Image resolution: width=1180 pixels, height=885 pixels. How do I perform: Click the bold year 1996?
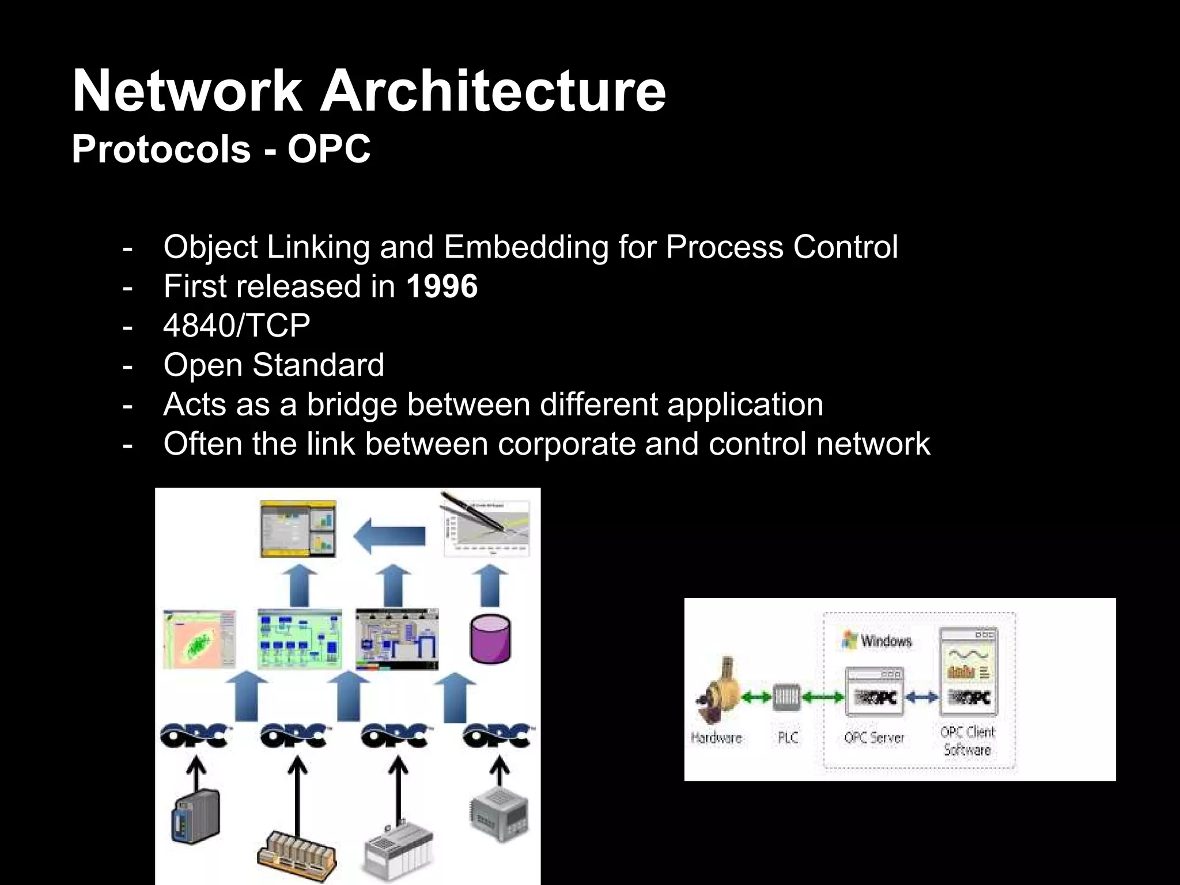442,286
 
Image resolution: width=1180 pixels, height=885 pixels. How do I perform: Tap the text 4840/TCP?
237,326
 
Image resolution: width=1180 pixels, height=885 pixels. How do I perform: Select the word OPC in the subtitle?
329,149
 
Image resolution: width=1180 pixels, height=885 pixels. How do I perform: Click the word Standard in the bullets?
318,365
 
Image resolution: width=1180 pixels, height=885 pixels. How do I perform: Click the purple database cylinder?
490,639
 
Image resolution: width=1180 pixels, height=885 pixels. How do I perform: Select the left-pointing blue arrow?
389,535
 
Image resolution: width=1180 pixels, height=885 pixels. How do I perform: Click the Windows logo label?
877,641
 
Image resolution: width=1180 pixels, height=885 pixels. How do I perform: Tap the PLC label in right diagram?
788,738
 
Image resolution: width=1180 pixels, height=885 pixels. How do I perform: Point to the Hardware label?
716,738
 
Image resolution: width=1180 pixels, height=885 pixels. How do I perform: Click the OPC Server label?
874,738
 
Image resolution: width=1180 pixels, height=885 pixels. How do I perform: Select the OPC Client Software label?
967,741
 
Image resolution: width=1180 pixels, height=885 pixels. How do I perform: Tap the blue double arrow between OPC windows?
921,698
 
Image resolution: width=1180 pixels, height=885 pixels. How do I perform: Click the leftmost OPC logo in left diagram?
194,736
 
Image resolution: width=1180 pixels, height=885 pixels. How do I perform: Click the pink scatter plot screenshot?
199,639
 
